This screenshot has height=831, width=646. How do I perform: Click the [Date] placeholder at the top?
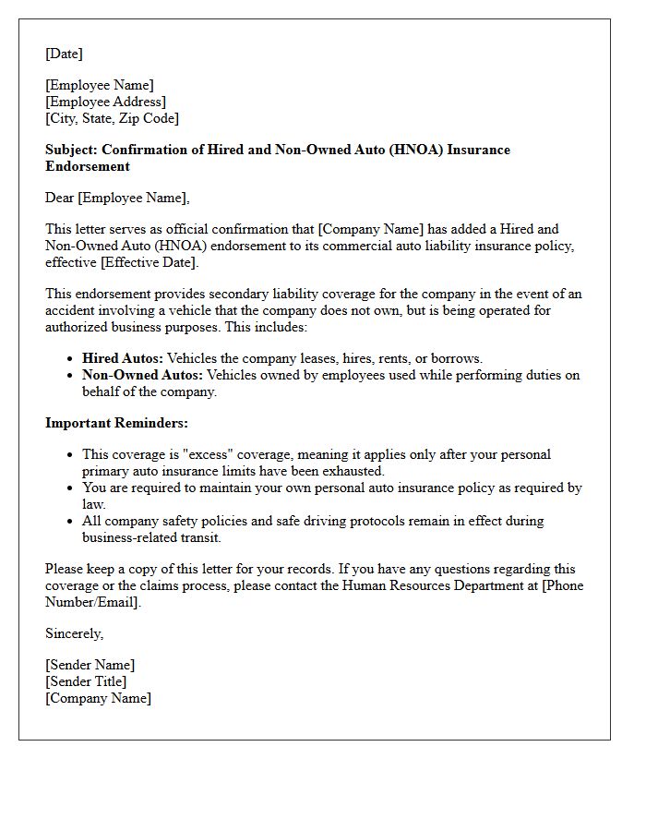click(x=64, y=54)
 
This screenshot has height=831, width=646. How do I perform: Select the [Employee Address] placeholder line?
click(x=105, y=102)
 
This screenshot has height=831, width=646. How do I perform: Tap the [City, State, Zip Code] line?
click(x=112, y=118)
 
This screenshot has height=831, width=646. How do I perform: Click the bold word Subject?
click(x=72, y=150)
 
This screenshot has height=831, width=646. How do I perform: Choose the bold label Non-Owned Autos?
click(x=142, y=375)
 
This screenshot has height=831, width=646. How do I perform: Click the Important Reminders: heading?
click(x=116, y=423)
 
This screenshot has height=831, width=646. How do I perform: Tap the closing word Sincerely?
click(x=74, y=633)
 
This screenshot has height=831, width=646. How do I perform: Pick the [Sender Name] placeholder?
click(x=90, y=665)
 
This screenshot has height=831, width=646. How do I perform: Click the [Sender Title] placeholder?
click(x=86, y=681)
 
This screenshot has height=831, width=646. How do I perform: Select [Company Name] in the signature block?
click(x=98, y=698)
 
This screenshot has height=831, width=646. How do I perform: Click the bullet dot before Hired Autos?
click(x=71, y=359)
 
